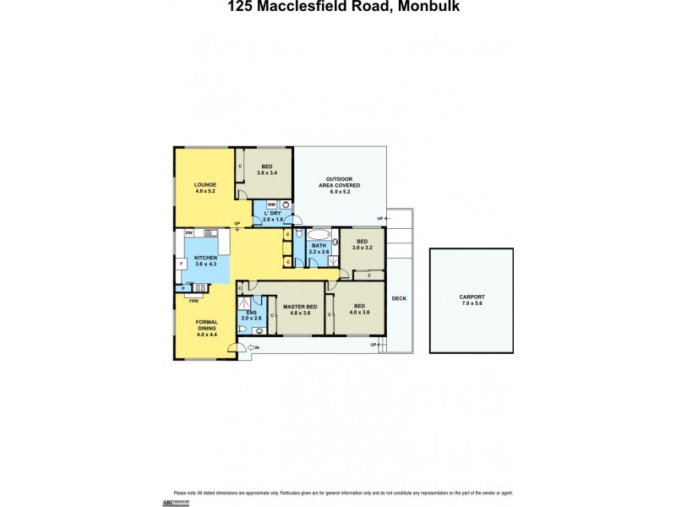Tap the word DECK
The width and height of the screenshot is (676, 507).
[398, 298]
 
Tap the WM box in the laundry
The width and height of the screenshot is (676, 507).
[271, 204]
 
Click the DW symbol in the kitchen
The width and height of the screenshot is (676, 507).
[189, 232]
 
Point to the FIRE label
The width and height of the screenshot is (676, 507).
[194, 300]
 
